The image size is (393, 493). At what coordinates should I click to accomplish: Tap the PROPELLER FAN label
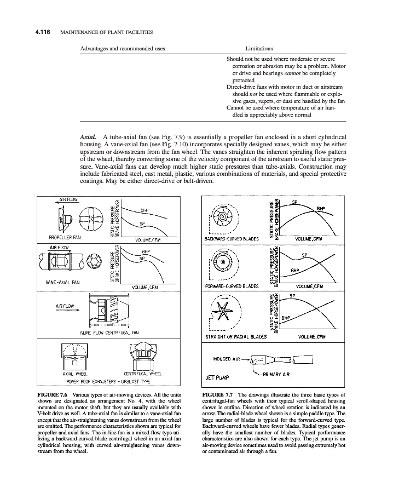[65, 238]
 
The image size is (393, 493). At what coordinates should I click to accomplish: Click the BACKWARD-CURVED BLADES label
[230, 239]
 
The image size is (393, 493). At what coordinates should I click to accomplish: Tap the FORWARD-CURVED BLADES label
[230, 286]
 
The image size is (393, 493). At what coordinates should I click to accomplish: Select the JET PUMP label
[216, 377]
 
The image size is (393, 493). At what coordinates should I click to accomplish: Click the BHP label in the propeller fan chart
[145, 210]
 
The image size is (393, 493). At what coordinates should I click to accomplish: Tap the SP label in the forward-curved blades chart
[305, 256]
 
